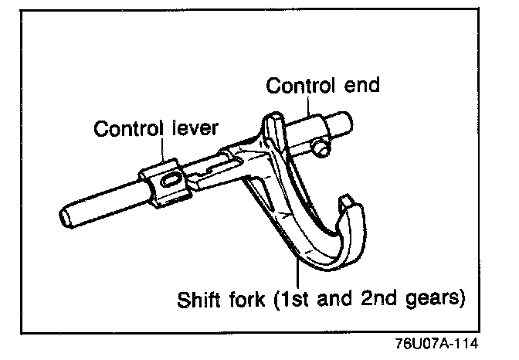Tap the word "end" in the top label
[x=361, y=85]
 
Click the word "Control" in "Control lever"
[x=126, y=128]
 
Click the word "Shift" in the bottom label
[x=201, y=297]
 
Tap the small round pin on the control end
[x=319, y=147]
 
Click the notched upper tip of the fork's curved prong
[x=349, y=202]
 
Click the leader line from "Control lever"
[x=163, y=150]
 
